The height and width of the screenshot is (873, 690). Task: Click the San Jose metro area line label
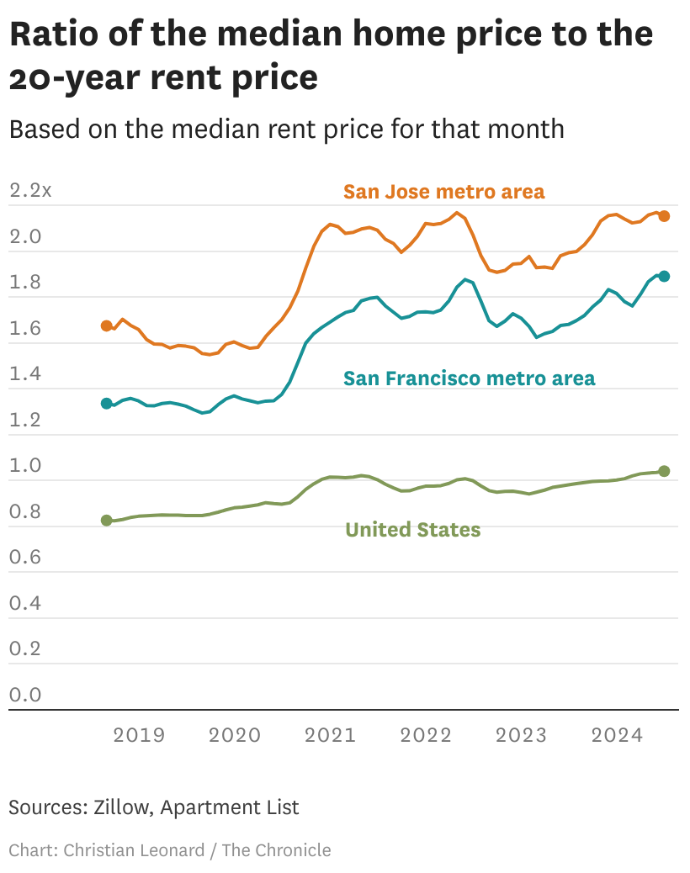pyautogui.click(x=443, y=192)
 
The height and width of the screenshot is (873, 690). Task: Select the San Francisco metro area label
pyautogui.click(x=469, y=378)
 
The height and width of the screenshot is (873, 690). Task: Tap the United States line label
pyautogui.click(x=412, y=530)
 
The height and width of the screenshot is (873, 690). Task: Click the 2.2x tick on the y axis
pyautogui.click(x=30, y=191)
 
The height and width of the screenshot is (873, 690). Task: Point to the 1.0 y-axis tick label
pyautogui.click(x=25, y=466)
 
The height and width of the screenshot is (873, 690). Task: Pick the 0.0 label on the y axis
pyautogui.click(x=25, y=695)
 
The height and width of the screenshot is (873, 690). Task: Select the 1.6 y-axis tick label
pyautogui.click(x=25, y=329)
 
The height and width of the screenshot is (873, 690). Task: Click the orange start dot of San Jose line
pyautogui.click(x=107, y=325)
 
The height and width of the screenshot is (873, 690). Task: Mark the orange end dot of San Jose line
pyautogui.click(x=664, y=216)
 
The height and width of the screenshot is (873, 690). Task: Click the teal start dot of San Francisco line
pyautogui.click(x=107, y=404)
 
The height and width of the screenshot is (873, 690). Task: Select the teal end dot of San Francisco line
pyautogui.click(x=664, y=276)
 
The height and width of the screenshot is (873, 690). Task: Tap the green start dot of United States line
pyautogui.click(x=107, y=521)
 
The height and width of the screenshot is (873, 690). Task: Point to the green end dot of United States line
pyautogui.click(x=664, y=471)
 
